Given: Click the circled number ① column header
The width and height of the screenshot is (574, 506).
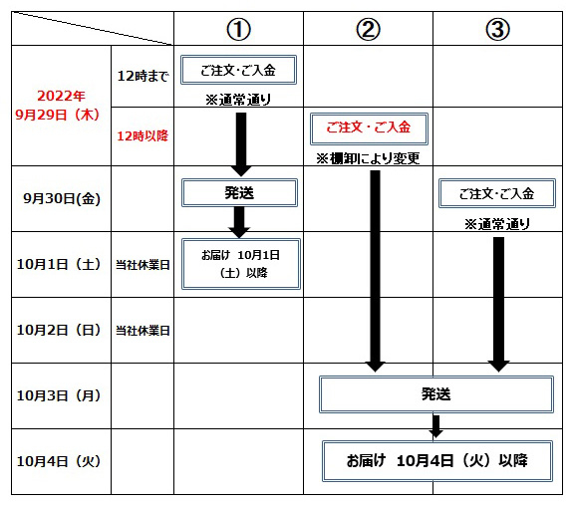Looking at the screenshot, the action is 239,29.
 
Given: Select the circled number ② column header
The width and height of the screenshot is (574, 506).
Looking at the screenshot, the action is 369,29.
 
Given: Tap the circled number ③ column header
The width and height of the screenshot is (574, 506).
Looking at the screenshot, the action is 498,29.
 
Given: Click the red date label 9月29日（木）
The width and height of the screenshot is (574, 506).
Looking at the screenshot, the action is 58,115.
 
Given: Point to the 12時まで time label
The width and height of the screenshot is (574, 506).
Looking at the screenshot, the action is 143,76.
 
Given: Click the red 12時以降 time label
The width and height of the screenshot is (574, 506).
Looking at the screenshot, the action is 143,136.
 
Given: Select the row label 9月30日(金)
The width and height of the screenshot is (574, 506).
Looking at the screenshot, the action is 62,198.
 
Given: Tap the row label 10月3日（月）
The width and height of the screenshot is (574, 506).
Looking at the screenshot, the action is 59,395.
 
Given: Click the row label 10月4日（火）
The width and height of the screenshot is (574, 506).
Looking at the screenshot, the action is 59,461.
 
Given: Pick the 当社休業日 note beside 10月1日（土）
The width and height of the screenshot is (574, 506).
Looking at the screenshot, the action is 143,265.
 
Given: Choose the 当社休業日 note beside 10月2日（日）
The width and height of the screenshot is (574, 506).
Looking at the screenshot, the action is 143,331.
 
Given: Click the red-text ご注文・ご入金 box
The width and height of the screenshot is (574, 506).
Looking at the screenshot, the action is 369,128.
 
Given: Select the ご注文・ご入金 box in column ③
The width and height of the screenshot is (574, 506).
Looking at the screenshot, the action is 497,193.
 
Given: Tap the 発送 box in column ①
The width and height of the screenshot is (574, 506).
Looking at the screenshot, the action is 239,193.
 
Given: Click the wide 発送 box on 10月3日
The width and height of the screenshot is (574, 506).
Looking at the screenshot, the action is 436,394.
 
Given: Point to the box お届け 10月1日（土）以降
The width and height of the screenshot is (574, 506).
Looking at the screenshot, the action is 241,264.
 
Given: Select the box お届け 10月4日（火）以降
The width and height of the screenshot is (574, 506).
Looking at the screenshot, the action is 437,461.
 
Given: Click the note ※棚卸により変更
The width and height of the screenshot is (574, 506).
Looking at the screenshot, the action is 368,158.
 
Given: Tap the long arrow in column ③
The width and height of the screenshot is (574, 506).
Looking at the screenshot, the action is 498,305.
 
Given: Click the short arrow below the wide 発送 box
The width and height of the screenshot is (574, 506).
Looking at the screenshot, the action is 436,426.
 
